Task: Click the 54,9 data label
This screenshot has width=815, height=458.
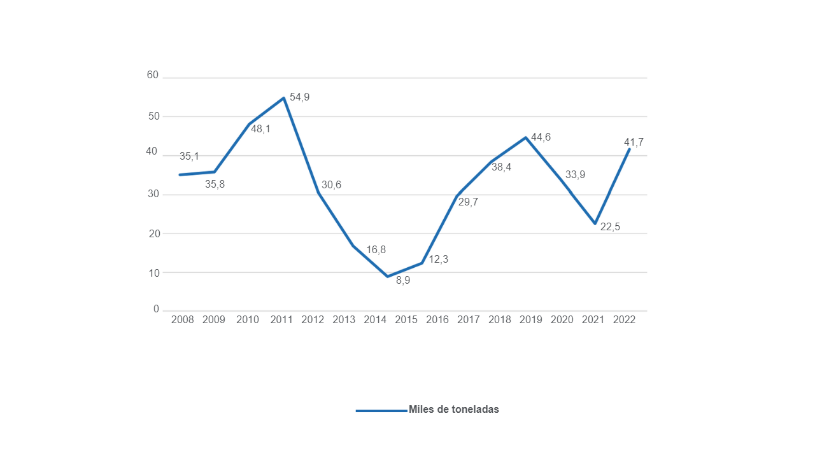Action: [x=299, y=97]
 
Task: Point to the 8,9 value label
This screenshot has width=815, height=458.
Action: [x=403, y=281]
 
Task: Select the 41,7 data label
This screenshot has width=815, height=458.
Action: [x=634, y=142]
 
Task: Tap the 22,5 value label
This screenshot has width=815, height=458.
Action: [x=610, y=227]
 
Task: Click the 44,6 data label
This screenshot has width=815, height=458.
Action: [x=541, y=137]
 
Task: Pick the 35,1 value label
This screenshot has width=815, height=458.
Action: [x=189, y=156]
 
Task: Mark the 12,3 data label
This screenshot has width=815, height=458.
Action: [x=438, y=260]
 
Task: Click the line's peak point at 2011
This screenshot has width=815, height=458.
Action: [x=283, y=98]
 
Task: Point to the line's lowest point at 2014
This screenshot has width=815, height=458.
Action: [x=387, y=276]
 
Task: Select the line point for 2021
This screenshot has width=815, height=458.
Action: [x=595, y=223]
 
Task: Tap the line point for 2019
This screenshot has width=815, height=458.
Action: [x=525, y=137]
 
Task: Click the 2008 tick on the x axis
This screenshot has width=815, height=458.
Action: [x=182, y=320]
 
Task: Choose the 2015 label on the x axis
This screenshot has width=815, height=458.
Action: [x=406, y=320]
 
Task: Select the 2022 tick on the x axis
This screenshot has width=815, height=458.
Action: [x=624, y=320]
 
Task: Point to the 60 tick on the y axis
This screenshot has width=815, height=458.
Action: [x=152, y=75]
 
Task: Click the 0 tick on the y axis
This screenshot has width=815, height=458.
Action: [x=156, y=310]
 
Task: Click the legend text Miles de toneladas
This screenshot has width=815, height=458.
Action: [x=454, y=410]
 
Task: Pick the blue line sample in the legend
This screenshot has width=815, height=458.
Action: [x=381, y=411]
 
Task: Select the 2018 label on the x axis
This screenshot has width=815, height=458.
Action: [x=500, y=320]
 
